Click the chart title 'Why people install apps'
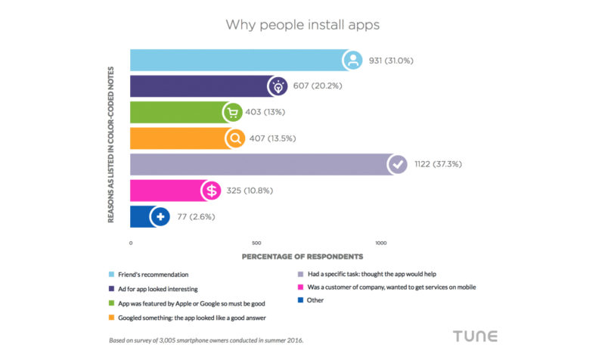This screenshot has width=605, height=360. (x=302, y=24)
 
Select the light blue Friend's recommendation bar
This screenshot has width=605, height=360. (x=234, y=60)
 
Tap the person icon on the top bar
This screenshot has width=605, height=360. (x=352, y=60)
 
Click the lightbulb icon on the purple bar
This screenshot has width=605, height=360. (x=279, y=86)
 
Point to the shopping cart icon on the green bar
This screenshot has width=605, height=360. (x=233, y=113)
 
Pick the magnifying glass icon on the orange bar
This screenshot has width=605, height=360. (x=235, y=138)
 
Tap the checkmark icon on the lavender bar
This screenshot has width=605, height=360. (x=396, y=165)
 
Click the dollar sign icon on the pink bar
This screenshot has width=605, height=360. (x=210, y=191)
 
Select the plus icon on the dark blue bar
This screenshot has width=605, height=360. (x=160, y=217)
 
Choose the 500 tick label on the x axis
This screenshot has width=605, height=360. (x=256, y=244)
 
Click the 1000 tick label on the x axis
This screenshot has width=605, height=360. (x=381, y=244)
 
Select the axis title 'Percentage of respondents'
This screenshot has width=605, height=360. (x=302, y=257)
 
